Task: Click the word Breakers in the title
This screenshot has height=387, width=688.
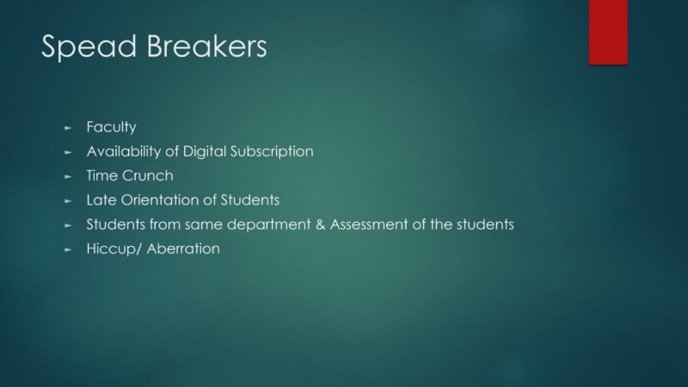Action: tap(206, 46)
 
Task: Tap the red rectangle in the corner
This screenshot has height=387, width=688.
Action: tap(608, 32)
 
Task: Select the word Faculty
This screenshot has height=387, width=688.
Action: tap(112, 127)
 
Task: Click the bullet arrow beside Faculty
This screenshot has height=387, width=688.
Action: tap(68, 128)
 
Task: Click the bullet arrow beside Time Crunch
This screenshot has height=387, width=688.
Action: tap(68, 177)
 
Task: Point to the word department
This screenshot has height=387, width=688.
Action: tap(268, 224)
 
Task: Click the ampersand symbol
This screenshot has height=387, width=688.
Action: tap(320, 224)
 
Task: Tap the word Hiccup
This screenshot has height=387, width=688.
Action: tap(112, 249)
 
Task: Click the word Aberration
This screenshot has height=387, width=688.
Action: tap(183, 249)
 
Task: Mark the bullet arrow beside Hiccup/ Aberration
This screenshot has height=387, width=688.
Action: tap(68, 249)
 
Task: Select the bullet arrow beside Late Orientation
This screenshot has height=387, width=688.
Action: tap(68, 201)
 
